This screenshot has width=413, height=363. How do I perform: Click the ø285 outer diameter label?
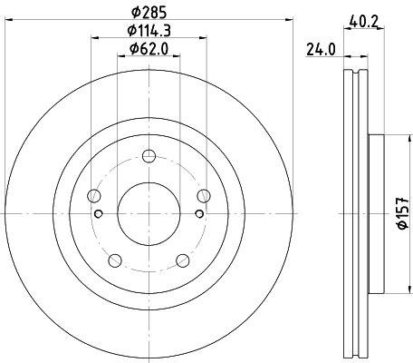click(149, 11)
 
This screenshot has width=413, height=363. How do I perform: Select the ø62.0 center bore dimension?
click(149, 48)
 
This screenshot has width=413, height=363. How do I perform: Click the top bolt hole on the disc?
click(149, 162)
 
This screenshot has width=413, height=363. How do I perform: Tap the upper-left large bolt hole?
click(93, 195)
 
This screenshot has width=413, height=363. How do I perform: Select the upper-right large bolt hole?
click(203, 195)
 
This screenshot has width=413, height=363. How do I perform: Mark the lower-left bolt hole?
click(114, 260)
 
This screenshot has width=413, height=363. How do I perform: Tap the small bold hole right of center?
click(197, 213)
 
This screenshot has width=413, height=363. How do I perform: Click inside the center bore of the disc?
click(149, 213)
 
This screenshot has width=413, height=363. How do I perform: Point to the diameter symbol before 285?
click(133, 11)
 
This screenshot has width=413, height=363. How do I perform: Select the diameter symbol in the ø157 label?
click(403, 233)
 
